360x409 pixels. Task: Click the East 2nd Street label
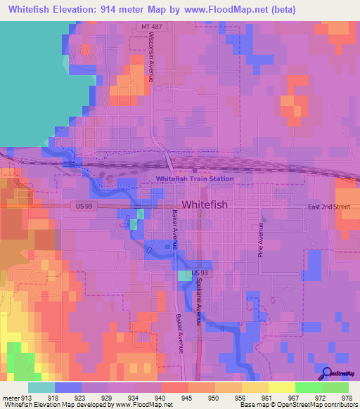point(328,207)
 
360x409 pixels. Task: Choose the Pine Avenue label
point(260,240)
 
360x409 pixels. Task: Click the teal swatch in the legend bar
point(41,387)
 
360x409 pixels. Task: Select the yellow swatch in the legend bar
point(282,387)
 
